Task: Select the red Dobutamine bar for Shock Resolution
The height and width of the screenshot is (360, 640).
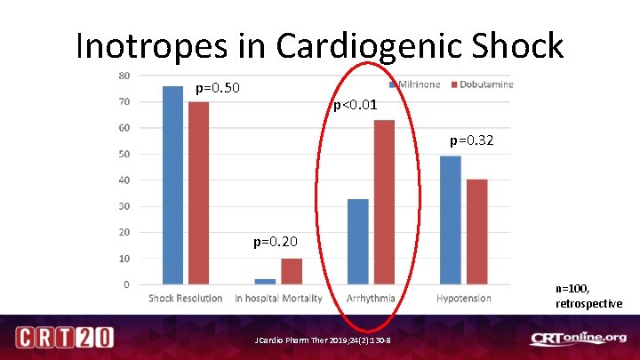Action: tap(198, 193)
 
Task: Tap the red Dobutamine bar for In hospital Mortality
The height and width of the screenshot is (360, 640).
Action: tap(292, 271)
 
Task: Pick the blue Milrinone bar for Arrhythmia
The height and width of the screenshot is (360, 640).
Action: tap(357, 241)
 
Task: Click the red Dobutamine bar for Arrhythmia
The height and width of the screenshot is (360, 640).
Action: tap(384, 202)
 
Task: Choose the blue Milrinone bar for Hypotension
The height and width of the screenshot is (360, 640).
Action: tap(450, 220)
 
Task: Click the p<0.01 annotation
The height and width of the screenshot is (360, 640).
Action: tap(356, 105)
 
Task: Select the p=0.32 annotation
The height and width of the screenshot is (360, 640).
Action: tap(471, 140)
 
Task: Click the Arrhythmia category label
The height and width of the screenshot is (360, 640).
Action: tap(371, 298)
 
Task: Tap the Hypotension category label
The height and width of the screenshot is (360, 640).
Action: tap(463, 298)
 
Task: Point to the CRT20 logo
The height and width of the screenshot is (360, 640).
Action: tap(63, 338)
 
